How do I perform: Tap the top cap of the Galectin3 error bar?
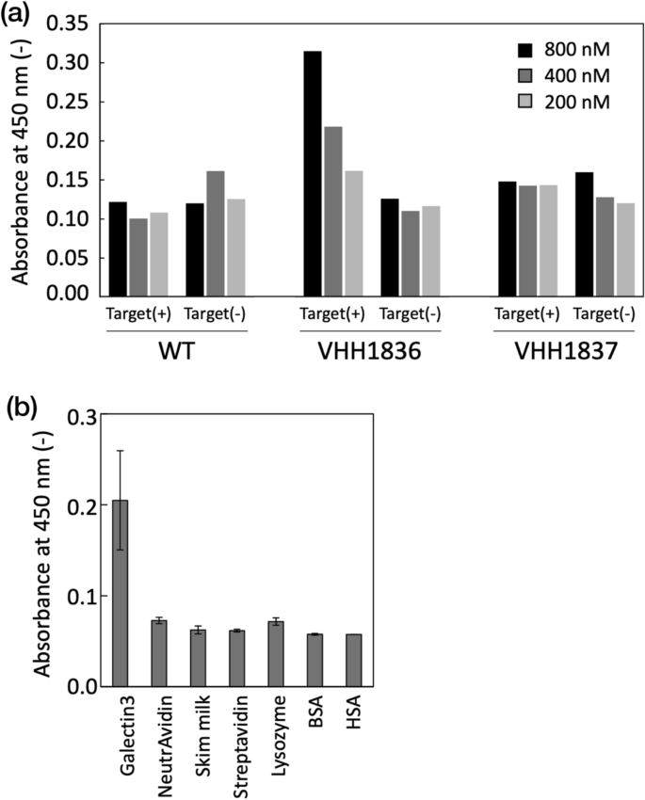tap(121, 451)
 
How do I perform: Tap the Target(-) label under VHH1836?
tap(410, 314)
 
